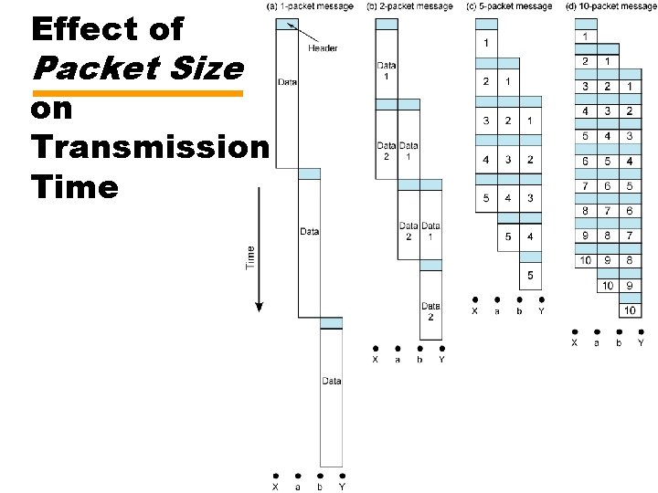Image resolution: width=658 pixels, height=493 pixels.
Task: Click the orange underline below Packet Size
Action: [x=137, y=93]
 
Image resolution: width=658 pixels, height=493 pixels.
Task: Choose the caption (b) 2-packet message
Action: [x=409, y=7]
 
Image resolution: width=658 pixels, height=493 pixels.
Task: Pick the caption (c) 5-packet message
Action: [x=509, y=7]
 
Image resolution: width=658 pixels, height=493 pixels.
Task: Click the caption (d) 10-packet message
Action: [x=610, y=7]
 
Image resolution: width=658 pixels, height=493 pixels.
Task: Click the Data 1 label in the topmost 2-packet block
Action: [x=386, y=70]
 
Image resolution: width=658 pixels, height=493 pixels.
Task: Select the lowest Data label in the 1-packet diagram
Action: [x=332, y=381]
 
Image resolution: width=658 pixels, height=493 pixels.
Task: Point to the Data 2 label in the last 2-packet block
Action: [x=430, y=311]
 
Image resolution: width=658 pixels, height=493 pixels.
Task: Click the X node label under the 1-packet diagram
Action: [x=277, y=487]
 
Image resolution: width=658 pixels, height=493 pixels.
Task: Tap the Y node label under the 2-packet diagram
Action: [x=441, y=360]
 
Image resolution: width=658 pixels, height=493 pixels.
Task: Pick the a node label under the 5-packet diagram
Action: [x=497, y=311]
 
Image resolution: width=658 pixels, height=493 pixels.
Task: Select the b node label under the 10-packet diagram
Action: [x=619, y=343]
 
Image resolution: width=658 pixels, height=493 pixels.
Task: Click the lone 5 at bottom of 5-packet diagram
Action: [x=530, y=276]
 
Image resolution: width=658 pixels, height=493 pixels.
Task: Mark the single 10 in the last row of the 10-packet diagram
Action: [x=630, y=310]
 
